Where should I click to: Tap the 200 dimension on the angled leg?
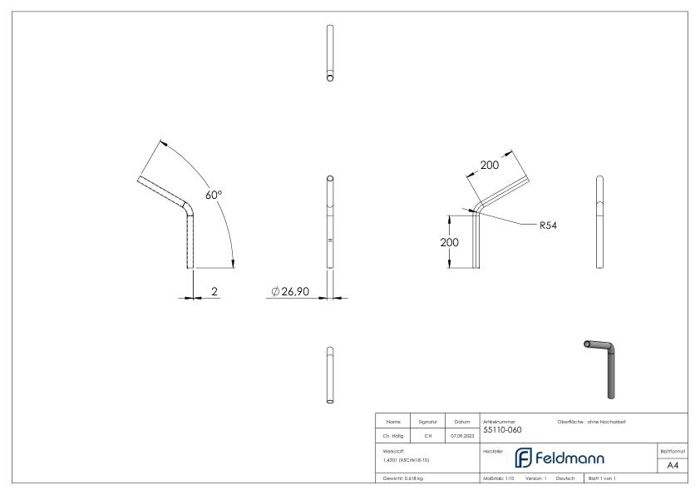click(x=490, y=166)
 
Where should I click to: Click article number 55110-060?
click(x=503, y=430)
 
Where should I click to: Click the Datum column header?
click(x=462, y=422)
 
